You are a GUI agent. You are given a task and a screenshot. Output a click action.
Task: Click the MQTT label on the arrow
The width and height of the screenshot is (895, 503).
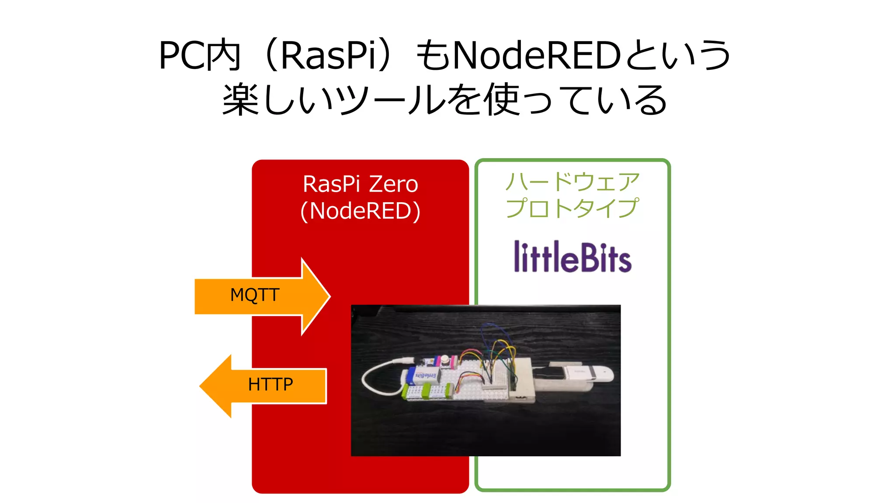[x=255, y=295]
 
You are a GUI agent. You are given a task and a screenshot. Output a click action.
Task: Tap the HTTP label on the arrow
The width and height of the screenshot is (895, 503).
[x=271, y=385]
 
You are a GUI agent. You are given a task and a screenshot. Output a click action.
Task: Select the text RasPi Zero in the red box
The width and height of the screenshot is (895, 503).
[x=360, y=184]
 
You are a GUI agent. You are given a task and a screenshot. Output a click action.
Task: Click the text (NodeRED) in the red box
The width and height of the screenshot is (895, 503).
[x=360, y=211]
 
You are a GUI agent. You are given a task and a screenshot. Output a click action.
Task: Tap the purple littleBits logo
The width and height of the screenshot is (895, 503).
[x=572, y=257]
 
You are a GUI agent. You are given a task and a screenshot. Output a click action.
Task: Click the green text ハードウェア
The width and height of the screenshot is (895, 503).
[x=572, y=182]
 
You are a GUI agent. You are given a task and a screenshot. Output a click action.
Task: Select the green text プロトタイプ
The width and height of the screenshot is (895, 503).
[x=572, y=208]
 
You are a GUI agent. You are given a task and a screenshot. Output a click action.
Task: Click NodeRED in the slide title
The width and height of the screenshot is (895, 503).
[x=537, y=56]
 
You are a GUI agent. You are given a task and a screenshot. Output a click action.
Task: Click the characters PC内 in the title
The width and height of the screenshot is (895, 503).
[x=200, y=56]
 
